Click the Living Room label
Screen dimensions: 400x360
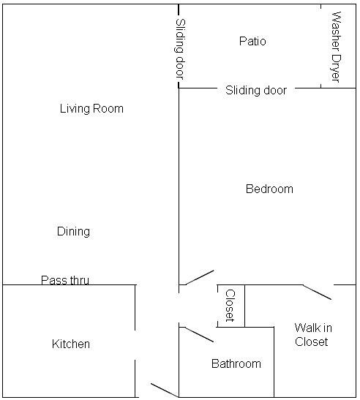point(91,109)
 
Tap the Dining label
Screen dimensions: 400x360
point(73,231)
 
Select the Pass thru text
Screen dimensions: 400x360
point(65,279)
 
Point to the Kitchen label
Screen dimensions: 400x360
point(71,344)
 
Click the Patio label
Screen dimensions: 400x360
point(252,41)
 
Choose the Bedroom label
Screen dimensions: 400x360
point(269,189)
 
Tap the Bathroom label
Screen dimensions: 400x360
point(236,363)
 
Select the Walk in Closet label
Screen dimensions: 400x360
point(311,334)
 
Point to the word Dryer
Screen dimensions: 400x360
point(337,66)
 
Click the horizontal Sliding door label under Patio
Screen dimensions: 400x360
point(256,91)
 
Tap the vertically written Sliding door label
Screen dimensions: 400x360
point(179,48)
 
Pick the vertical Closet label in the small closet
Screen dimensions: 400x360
point(229,306)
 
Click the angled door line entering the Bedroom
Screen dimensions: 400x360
point(198,278)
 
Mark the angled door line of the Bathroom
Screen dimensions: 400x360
point(198,334)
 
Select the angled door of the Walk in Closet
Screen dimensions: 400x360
point(317,292)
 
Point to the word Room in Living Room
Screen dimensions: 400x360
point(108,109)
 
